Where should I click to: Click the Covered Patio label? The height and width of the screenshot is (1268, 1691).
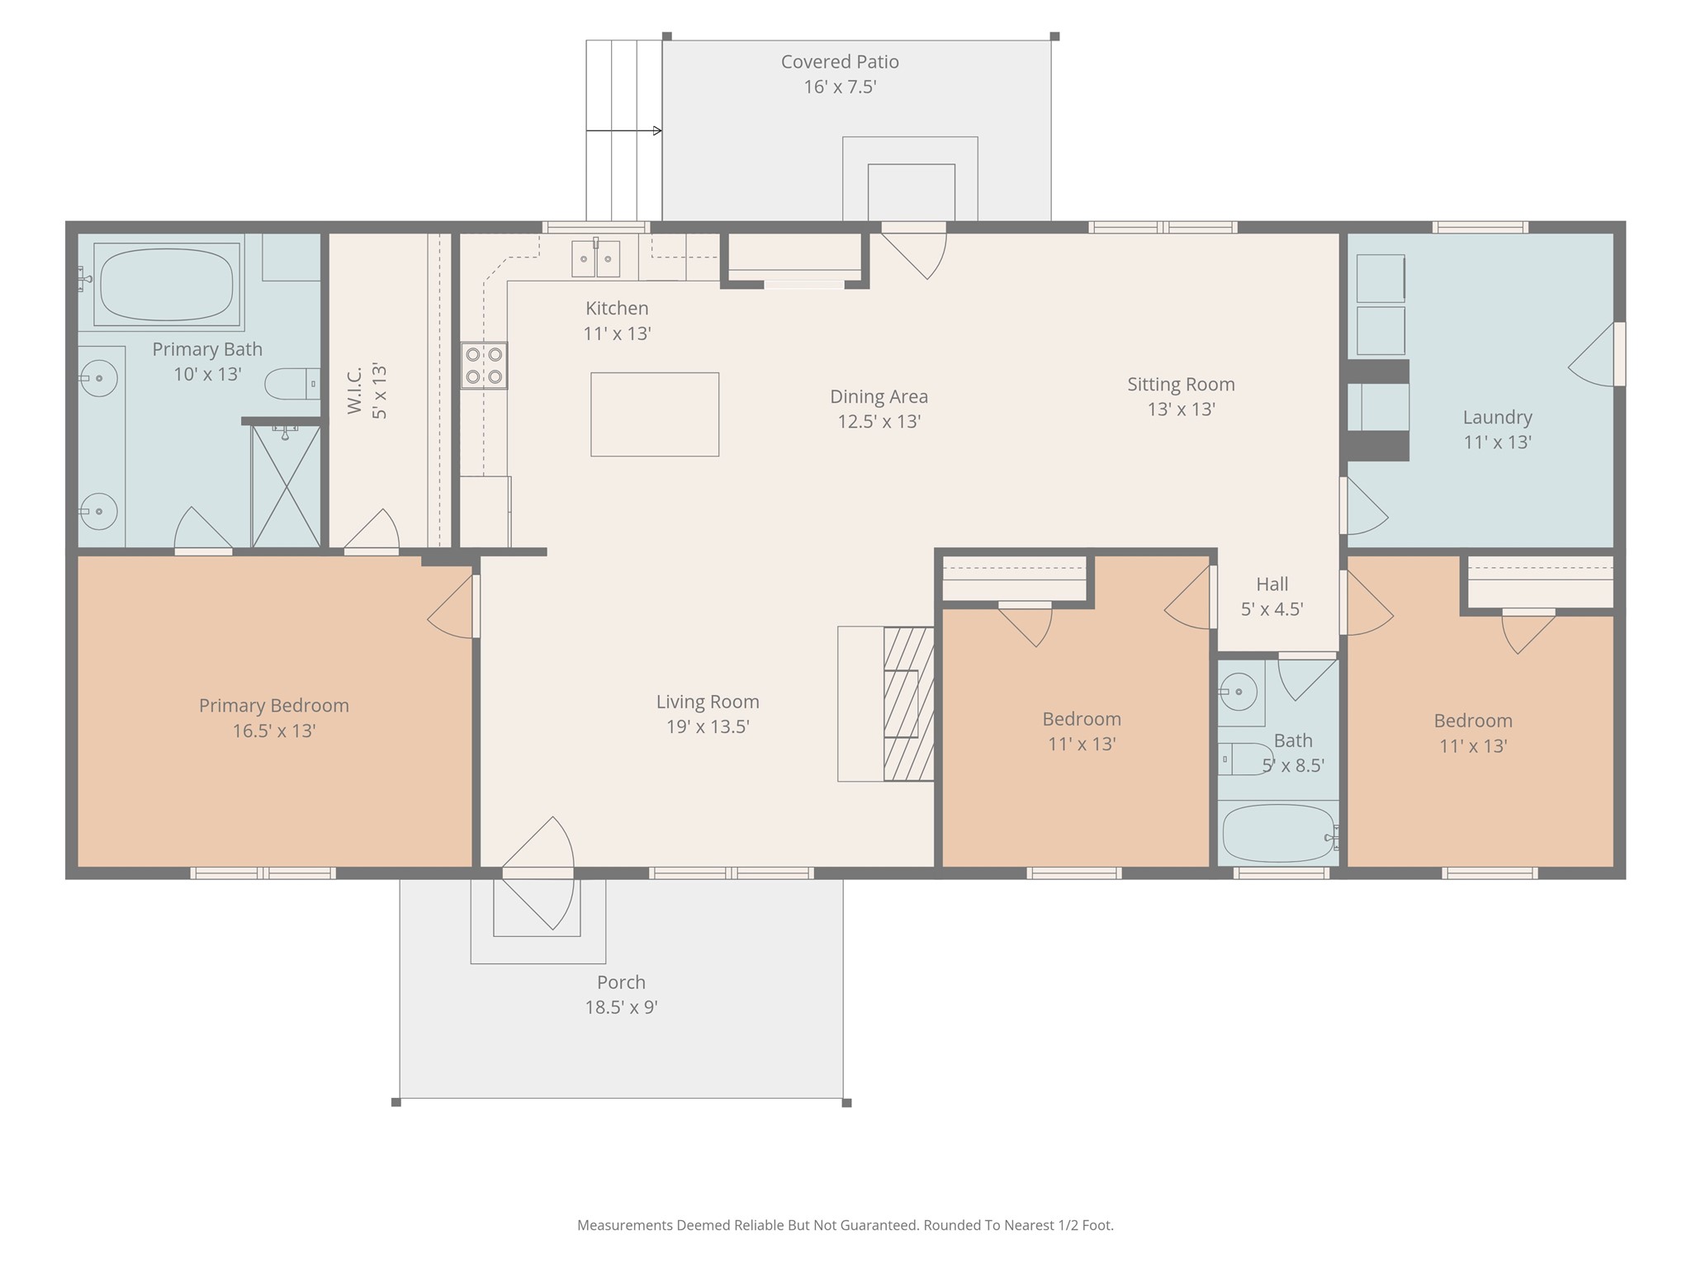pyautogui.click(x=840, y=62)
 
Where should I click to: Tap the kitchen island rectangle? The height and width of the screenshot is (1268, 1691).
pyautogui.click(x=655, y=414)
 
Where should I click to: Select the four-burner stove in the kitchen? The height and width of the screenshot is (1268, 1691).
pyautogui.click(x=484, y=366)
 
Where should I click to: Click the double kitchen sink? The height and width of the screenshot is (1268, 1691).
pyautogui.click(x=596, y=259)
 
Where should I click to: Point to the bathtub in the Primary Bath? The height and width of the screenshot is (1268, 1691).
pyautogui.click(x=166, y=285)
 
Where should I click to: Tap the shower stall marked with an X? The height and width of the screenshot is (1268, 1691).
pyautogui.click(x=286, y=485)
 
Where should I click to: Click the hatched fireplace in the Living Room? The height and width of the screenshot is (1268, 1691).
pyautogui.click(x=908, y=704)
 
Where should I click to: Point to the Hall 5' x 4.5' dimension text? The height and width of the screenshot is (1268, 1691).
pyautogui.click(x=1272, y=609)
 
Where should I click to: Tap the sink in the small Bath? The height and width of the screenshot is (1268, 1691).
pyautogui.click(x=1239, y=692)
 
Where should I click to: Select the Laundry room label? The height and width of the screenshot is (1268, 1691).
pyautogui.click(x=1498, y=417)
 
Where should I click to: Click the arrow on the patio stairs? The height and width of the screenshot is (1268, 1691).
pyautogui.click(x=624, y=130)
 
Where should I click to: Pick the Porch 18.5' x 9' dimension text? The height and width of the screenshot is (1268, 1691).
pyautogui.click(x=621, y=1007)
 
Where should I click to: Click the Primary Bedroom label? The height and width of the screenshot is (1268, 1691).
pyautogui.click(x=274, y=706)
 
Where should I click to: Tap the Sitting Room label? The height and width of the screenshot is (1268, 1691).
pyautogui.click(x=1182, y=384)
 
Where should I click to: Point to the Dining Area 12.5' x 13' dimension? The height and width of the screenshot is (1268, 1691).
pyautogui.click(x=879, y=422)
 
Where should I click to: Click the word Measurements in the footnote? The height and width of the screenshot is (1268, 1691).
pyautogui.click(x=625, y=1225)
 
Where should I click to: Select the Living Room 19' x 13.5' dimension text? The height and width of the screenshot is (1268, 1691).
pyautogui.click(x=708, y=726)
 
